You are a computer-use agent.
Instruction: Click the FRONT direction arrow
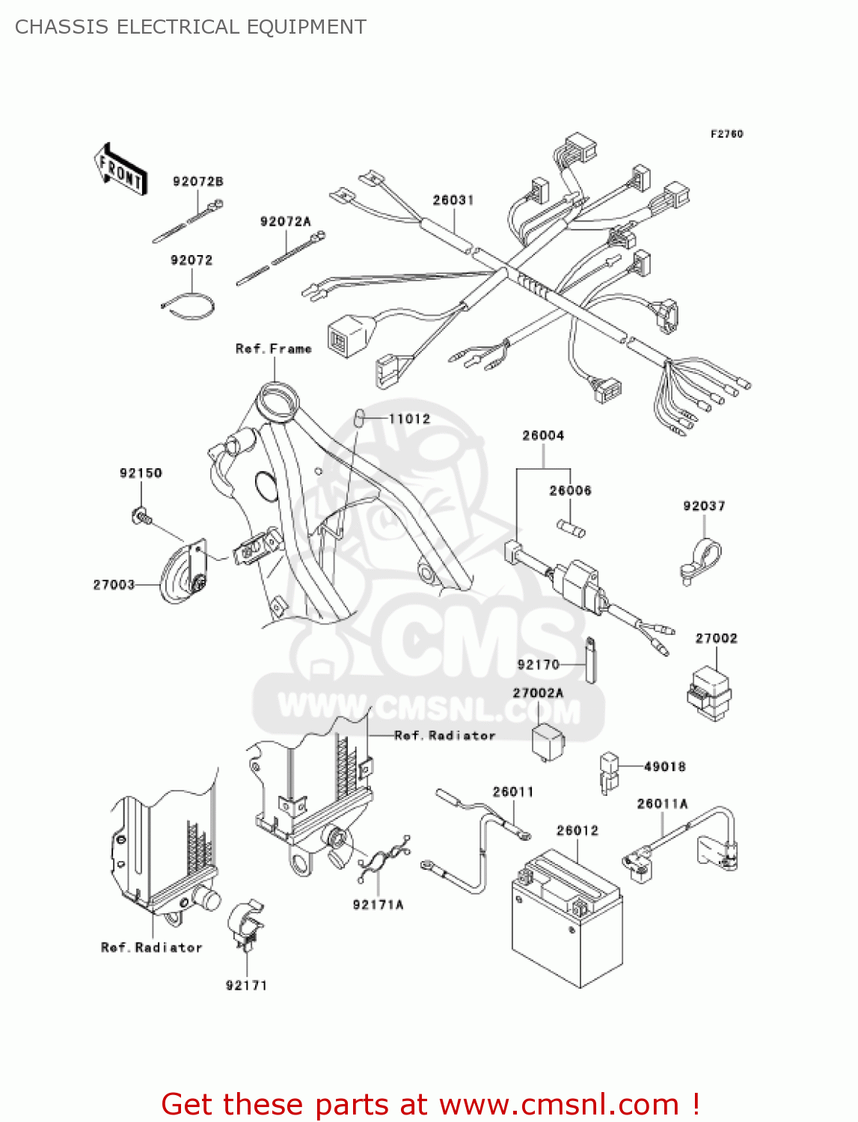click(120, 170)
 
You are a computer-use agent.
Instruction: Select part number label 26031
click(453, 200)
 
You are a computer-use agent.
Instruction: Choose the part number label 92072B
click(197, 181)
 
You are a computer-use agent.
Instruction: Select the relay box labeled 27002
click(708, 693)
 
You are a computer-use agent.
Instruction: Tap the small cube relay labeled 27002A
click(548, 741)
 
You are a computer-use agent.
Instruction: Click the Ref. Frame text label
click(273, 349)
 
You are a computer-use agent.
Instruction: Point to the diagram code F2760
click(726, 134)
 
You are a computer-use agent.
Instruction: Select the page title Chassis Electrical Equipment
click(191, 27)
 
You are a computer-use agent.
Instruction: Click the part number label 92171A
click(378, 905)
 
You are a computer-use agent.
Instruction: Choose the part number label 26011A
click(662, 803)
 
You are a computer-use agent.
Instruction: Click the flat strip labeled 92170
click(590, 660)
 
